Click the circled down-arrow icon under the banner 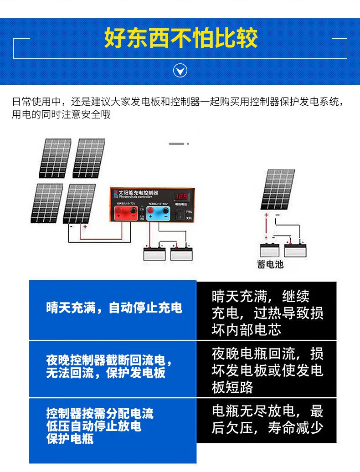click(x=181, y=71)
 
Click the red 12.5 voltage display click(x=181, y=197)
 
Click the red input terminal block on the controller click(x=126, y=212)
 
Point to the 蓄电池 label click(x=270, y=264)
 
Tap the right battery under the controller click(x=180, y=253)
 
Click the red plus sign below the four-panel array click(x=85, y=226)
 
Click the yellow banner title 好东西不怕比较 click(x=181, y=38)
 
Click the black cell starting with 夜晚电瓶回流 click(x=267, y=369)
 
